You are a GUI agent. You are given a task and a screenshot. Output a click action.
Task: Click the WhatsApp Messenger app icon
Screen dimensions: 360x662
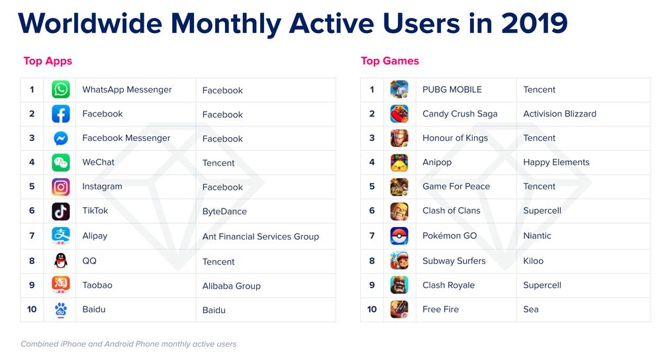(60, 90)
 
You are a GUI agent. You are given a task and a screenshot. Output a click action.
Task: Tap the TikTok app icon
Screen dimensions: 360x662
(60, 211)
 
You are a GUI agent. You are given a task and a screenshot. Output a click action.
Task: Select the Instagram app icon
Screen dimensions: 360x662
(60, 187)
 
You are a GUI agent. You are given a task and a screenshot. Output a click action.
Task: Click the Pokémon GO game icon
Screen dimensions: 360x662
(399, 236)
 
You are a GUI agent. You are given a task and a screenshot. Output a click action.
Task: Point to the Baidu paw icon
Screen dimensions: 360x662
(60, 309)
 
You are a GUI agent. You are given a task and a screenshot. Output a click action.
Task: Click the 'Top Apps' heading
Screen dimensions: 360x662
(48, 61)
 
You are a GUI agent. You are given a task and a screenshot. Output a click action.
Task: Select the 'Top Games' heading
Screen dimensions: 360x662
(390, 61)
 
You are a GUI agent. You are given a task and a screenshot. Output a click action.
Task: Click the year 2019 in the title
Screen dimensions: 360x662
(534, 23)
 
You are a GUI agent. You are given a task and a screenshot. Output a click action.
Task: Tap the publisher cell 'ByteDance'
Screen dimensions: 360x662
(224, 212)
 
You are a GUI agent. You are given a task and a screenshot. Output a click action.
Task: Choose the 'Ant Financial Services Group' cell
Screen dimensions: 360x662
(260, 236)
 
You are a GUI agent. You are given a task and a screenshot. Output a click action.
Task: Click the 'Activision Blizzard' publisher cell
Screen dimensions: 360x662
(559, 114)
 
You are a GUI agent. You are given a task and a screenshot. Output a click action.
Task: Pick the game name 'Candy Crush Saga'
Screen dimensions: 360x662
(459, 114)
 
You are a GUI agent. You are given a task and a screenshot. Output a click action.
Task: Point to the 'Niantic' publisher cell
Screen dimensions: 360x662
(537, 236)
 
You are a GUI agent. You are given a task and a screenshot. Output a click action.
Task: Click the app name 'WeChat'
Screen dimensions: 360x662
(98, 162)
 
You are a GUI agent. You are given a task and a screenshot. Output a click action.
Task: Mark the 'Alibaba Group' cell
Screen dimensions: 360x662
(231, 286)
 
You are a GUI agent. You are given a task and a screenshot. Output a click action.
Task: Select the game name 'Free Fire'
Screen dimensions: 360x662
(440, 309)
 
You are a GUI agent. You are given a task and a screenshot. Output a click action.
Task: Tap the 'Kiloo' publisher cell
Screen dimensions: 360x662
(533, 261)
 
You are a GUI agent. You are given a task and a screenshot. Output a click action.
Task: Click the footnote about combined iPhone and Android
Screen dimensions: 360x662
(128, 344)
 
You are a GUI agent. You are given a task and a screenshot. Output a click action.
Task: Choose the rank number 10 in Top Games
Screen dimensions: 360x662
(371, 309)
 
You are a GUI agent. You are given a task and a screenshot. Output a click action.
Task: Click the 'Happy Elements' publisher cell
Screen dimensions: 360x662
(556, 162)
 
